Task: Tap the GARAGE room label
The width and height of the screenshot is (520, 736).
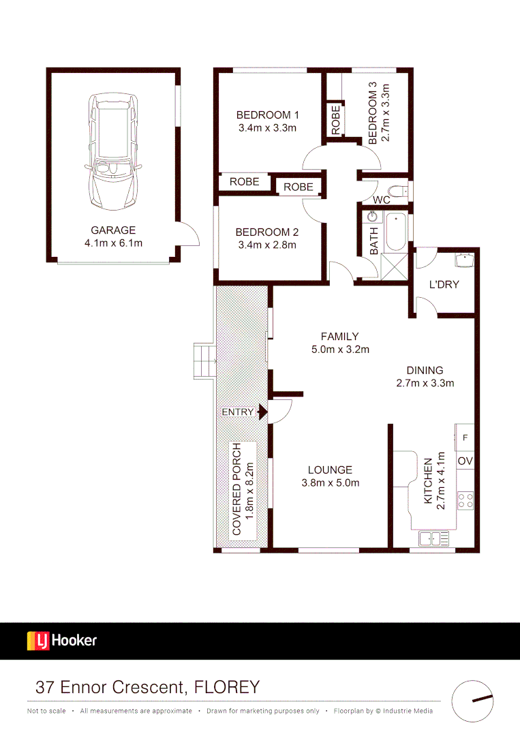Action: (x=113, y=230)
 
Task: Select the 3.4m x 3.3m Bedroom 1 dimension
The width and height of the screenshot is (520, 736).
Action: (x=267, y=127)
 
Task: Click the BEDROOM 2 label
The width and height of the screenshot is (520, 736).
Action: (x=267, y=232)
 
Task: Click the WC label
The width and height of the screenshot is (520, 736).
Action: (x=382, y=200)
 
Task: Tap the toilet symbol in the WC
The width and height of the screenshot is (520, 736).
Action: (x=397, y=190)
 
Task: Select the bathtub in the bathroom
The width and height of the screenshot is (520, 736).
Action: (x=395, y=232)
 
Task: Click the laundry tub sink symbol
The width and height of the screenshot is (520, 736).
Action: (x=463, y=260)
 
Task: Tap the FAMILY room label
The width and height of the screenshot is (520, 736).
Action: (x=339, y=336)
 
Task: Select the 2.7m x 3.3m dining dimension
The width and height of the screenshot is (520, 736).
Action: (x=425, y=383)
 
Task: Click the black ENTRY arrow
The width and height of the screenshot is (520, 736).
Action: (x=262, y=412)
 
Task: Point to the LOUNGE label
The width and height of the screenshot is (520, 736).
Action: (x=330, y=470)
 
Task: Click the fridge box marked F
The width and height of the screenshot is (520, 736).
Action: (x=465, y=434)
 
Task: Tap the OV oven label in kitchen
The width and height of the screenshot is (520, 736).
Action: (x=465, y=461)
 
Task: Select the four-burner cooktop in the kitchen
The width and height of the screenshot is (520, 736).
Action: (x=465, y=501)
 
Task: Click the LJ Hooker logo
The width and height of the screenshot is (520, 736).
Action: (x=62, y=641)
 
